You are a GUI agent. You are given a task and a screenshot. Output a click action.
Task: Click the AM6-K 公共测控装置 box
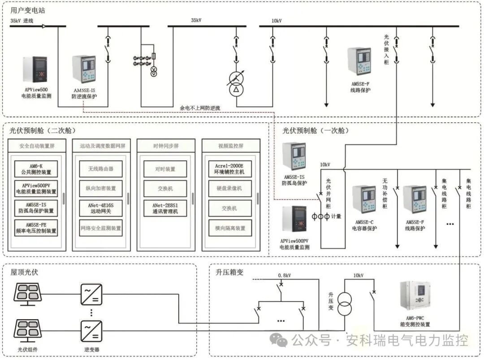click(36, 169)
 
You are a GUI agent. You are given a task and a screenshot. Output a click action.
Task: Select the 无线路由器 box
click(100, 169)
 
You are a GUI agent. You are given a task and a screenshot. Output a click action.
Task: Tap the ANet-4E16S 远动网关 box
click(100, 208)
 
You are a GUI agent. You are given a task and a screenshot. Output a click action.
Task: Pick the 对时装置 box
click(165, 169)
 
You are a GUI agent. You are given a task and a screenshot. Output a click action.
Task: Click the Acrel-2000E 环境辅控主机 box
click(230, 169)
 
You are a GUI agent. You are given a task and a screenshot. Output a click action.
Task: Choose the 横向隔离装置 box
click(230, 228)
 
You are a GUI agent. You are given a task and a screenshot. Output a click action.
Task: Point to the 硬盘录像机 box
click(230, 189)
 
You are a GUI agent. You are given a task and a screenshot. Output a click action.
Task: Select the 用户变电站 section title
click(27, 10)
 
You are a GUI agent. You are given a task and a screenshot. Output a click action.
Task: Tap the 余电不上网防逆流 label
click(200, 108)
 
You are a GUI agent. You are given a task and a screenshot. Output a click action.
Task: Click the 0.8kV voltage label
click(284, 275)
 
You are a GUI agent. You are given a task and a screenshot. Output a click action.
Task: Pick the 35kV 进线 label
click(22, 21)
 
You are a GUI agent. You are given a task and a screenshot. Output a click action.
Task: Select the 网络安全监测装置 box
click(100, 228)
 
